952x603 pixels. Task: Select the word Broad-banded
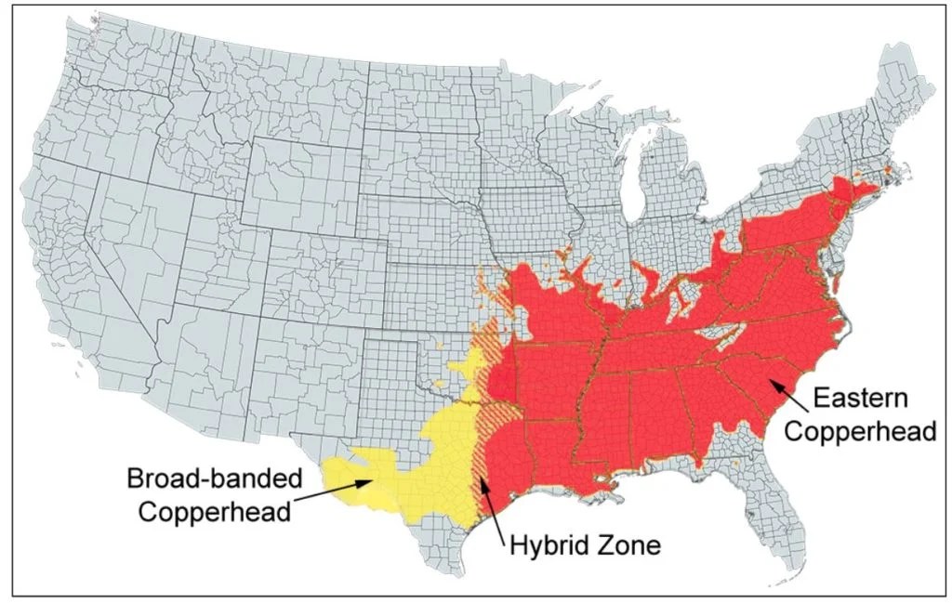(215, 479)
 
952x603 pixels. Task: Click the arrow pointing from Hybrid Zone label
(492, 507)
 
